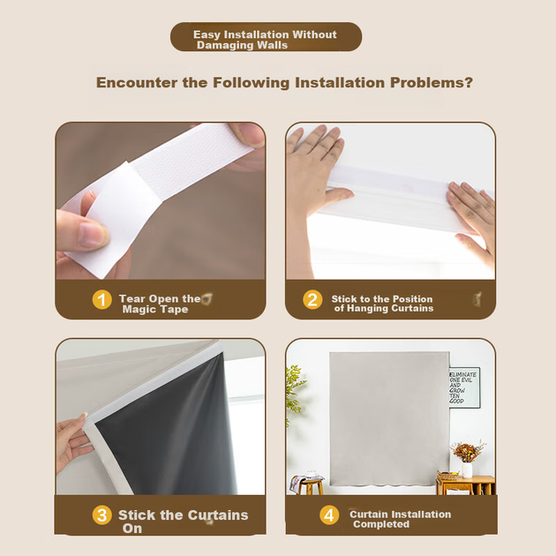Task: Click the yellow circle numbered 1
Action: [x=102, y=300]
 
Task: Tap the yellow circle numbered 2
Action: [x=312, y=300]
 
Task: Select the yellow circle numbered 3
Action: [x=102, y=515]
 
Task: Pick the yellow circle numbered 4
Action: [x=329, y=515]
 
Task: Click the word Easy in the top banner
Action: [x=207, y=34]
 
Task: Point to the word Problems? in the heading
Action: [x=432, y=83]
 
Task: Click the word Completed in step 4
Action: [x=381, y=524]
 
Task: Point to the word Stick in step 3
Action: [x=137, y=515]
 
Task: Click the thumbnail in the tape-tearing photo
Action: [x=93, y=235]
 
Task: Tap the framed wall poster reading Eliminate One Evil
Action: [x=464, y=387]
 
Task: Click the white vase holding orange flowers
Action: [x=468, y=470]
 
